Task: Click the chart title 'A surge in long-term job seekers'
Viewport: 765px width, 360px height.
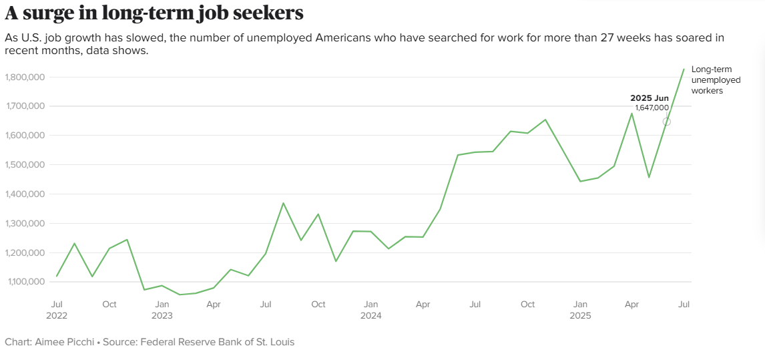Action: point(154,13)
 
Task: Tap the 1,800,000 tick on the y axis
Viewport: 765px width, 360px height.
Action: point(25,77)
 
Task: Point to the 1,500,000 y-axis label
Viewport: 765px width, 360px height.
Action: point(25,164)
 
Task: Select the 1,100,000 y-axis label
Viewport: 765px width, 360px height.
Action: point(25,282)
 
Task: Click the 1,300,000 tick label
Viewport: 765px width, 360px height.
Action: point(25,223)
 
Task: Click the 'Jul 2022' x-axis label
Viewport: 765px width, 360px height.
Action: point(57,309)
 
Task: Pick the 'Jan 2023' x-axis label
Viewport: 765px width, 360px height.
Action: point(162,309)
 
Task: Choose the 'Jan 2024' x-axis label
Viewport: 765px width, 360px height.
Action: point(370,309)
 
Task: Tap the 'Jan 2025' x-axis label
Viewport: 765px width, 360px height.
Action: point(580,309)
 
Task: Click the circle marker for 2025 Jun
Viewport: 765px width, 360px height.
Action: point(666,122)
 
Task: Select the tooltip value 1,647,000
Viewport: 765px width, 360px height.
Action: point(652,108)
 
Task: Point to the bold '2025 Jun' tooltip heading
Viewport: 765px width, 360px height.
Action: point(649,98)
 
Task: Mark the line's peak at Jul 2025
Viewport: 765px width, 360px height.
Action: point(684,69)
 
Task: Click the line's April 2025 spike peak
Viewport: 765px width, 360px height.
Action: point(631,113)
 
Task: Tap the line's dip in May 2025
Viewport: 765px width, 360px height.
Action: point(649,177)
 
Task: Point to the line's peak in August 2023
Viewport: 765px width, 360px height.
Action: point(283,203)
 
